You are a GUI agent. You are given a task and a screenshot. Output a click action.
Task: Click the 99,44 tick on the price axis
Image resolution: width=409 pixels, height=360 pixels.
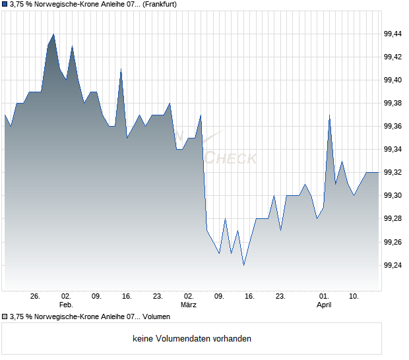pyautogui.click(x=393, y=34)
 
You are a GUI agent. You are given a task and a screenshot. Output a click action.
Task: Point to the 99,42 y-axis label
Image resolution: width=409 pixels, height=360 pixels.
pyautogui.click(x=393, y=57)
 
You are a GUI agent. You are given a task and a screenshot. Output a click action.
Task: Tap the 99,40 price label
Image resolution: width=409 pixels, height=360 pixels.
pyautogui.click(x=393, y=80)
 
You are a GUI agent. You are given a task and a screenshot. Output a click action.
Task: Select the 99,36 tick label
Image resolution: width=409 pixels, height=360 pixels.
pyautogui.click(x=393, y=126)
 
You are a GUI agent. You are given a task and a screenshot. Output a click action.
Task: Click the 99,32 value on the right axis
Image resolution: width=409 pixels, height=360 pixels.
pyautogui.click(x=393, y=172)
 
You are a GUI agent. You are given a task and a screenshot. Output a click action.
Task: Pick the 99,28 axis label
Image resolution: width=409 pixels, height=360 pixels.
pyautogui.click(x=393, y=218)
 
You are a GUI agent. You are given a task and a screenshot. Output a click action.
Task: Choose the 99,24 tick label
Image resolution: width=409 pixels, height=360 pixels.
pyautogui.click(x=393, y=265)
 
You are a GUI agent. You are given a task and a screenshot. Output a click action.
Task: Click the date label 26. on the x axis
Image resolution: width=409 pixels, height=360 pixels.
pyautogui.click(x=36, y=297)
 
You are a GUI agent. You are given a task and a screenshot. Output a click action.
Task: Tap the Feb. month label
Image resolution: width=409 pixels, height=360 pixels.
pyautogui.click(x=66, y=305)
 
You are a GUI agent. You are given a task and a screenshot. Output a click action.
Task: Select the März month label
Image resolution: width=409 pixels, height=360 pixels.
pyautogui.click(x=189, y=305)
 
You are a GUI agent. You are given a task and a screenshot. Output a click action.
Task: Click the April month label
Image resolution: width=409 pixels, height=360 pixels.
pyautogui.click(x=324, y=305)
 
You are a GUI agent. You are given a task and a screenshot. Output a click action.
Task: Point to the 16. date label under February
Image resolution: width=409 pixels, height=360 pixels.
pyautogui.click(x=127, y=297)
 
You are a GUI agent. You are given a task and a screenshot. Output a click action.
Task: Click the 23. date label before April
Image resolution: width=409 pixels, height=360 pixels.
pyautogui.click(x=280, y=297)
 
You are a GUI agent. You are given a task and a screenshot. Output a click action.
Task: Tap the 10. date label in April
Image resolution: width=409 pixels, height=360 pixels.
pyautogui.click(x=354, y=297)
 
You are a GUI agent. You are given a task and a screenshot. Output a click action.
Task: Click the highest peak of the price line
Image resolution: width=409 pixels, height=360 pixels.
pyautogui.click(x=53, y=34)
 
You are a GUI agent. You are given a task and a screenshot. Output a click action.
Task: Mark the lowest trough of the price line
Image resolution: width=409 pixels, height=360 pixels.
pyautogui.click(x=243, y=265)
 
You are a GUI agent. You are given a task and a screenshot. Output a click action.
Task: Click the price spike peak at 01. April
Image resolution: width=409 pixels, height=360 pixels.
pyautogui.click(x=329, y=115)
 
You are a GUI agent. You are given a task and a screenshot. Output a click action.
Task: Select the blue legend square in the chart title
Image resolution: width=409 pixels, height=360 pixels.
pyautogui.click(x=5, y=4)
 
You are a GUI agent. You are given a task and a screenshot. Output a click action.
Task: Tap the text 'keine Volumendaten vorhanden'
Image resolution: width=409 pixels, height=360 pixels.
pyautogui.click(x=192, y=339)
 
